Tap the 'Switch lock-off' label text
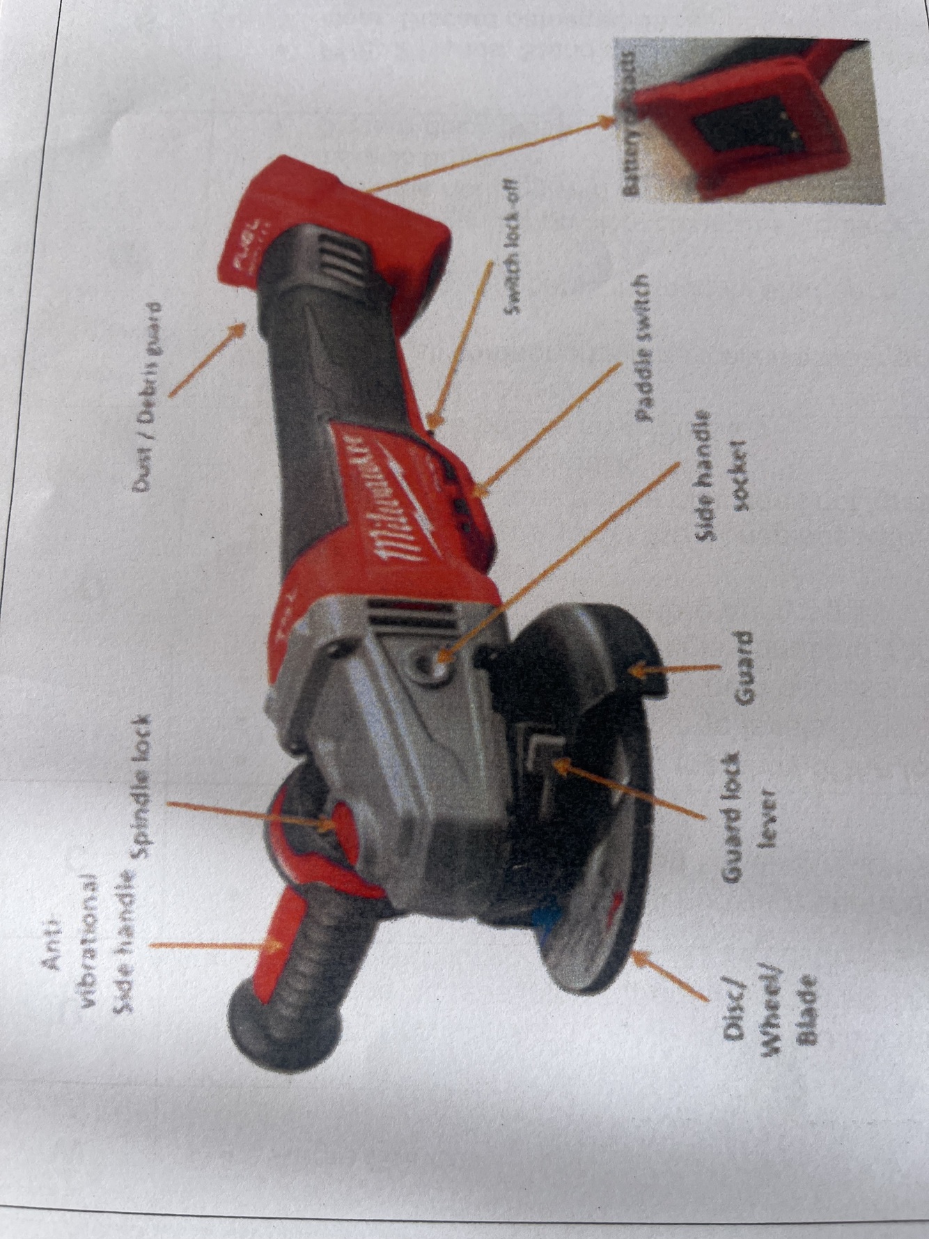(x=514, y=245)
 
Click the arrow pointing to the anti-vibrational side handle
(x=216, y=946)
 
